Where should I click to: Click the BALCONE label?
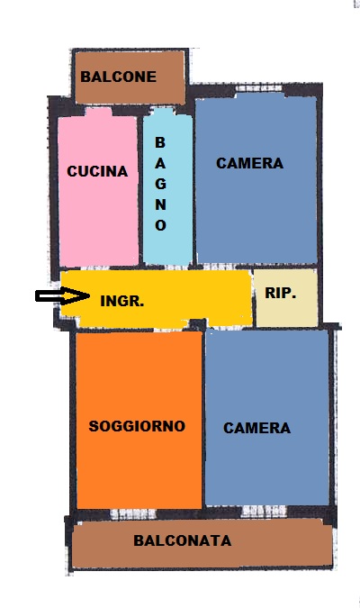(118, 77)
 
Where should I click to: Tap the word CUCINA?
(97, 171)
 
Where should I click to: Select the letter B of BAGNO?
(160, 142)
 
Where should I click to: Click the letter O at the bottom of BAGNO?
(161, 225)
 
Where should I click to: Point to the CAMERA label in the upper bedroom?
(249, 163)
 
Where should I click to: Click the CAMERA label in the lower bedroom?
(256, 428)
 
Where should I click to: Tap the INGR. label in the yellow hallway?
(122, 301)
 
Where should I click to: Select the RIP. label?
(281, 293)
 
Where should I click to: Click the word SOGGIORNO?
(137, 426)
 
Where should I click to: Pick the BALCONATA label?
(183, 540)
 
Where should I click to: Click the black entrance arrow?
(62, 296)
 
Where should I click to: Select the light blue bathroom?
(167, 187)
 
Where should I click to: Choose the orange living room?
(139, 420)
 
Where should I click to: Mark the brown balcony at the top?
(130, 77)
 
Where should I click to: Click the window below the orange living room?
(133, 514)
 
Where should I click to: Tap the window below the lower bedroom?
(264, 512)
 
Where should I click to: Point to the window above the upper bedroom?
(259, 88)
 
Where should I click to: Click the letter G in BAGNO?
(161, 184)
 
